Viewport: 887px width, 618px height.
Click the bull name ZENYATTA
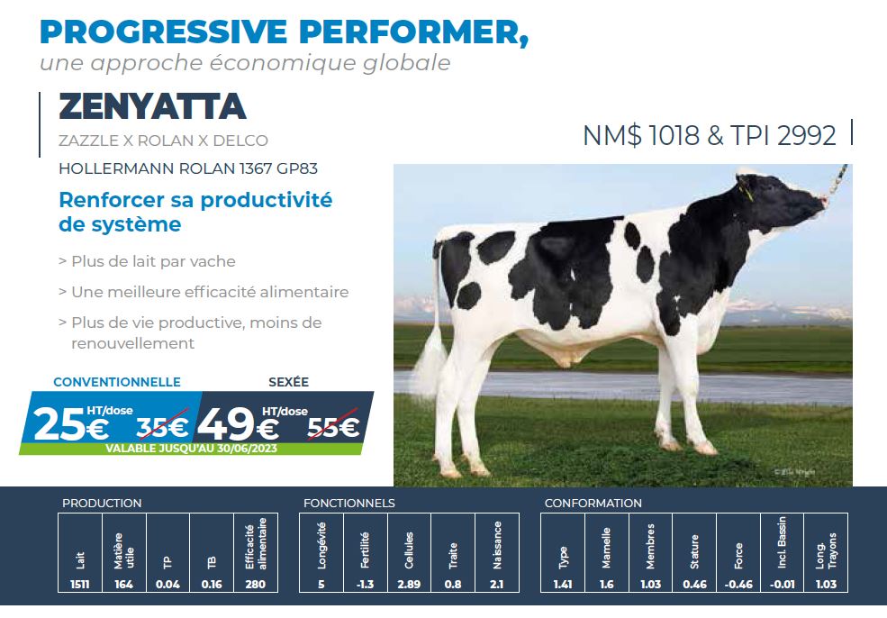(152, 106)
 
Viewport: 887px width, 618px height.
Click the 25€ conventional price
(71, 425)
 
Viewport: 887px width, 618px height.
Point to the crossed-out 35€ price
(162, 427)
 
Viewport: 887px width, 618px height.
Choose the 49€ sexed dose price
(238, 425)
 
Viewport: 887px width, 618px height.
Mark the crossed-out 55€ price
(333, 427)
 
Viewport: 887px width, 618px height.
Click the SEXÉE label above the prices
(288, 382)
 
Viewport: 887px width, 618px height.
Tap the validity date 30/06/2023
(247, 449)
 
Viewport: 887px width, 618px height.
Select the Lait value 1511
(80, 584)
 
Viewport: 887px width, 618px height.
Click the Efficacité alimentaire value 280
(256, 584)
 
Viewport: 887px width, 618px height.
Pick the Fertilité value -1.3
(366, 584)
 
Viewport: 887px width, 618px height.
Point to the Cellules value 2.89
(409, 584)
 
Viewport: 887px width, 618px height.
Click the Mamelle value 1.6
(606, 584)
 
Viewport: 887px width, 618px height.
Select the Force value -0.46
(738, 584)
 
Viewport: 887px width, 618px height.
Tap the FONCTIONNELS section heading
(349, 503)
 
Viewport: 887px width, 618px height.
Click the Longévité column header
(321, 545)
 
